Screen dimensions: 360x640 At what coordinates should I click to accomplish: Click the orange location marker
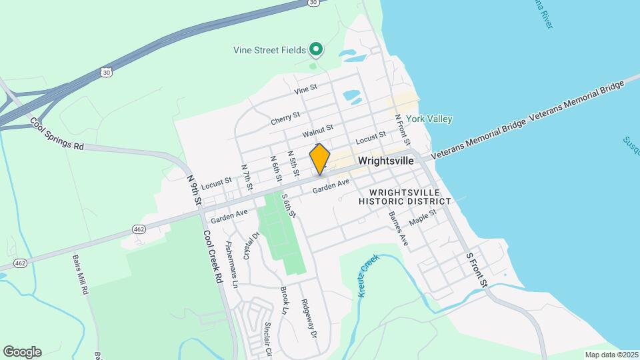pos(320,159)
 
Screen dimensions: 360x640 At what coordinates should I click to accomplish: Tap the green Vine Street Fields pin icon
pos(317,49)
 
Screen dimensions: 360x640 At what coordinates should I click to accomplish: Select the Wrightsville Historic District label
pos(405,197)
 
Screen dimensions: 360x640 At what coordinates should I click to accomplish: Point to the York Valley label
pos(429,119)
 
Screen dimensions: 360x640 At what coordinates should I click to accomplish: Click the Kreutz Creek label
pos(367,271)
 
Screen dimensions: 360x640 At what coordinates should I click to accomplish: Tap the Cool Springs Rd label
pos(57,134)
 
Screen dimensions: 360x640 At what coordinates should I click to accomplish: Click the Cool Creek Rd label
pos(212,258)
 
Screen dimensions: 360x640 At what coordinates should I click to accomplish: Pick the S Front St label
pos(477,270)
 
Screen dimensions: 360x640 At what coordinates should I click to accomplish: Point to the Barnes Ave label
pos(398,229)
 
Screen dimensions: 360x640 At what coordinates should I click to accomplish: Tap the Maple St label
pos(423,217)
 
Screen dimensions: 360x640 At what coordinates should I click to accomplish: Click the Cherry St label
pos(285,118)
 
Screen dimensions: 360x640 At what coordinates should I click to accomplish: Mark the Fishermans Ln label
pos(231,264)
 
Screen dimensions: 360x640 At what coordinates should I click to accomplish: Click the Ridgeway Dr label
pos(307,319)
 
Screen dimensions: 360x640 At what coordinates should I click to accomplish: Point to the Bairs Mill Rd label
pos(80,276)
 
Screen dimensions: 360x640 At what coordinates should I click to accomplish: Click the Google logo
pos(22,351)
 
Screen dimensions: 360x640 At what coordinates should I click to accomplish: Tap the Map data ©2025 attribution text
pos(611,355)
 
